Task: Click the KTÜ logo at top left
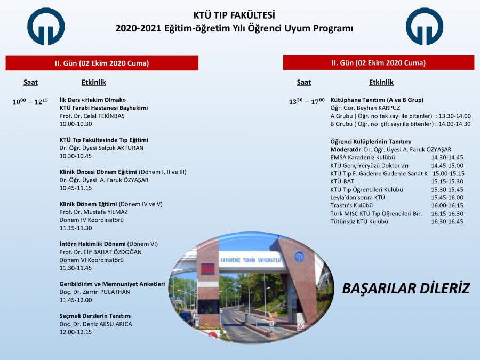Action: (x=46, y=27)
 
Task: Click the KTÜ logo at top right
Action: (x=425, y=27)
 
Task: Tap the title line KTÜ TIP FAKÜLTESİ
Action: (x=234, y=15)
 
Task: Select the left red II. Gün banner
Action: (x=102, y=63)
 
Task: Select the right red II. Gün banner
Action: (x=379, y=63)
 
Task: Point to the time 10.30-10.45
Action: (x=76, y=156)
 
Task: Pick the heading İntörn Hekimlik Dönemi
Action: (x=92, y=244)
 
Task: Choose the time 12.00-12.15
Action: (x=76, y=332)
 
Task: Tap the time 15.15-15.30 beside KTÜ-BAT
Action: (x=447, y=181)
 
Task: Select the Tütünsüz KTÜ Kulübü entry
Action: (x=359, y=222)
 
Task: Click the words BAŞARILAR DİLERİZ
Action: (x=406, y=289)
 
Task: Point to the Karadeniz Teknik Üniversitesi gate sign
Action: (x=251, y=260)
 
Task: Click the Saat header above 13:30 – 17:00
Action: (x=303, y=82)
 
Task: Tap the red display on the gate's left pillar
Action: (x=207, y=269)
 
